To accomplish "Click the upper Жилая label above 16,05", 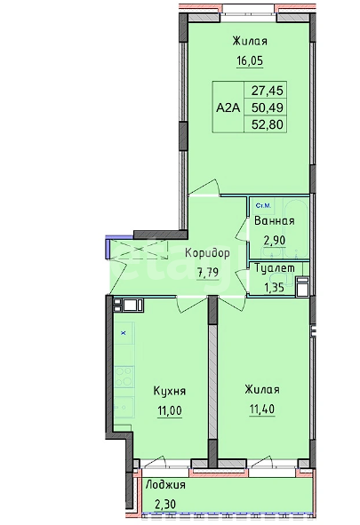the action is tap(250, 42).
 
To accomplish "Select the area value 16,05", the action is tap(250, 61).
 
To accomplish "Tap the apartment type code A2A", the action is tap(228, 107).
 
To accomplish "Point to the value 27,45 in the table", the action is tap(268, 90).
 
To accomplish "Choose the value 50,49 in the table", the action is tap(268, 107).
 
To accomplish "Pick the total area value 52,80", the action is tap(268, 124).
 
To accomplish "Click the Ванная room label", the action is tap(275, 221).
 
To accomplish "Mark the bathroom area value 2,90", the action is tap(275, 240).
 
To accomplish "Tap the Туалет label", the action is tap(275, 268).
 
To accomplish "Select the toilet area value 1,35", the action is tap(275, 287).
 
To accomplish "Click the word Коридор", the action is tap(208, 253).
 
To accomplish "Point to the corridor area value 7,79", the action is tap(208, 272).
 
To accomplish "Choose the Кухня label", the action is tap(170, 391).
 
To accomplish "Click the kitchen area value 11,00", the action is tap(170, 410).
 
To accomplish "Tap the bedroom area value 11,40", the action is tap(262, 410).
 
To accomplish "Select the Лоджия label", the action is tap(165, 485).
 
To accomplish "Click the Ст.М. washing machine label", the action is tap(263, 205).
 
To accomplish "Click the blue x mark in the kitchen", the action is tap(124, 333).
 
